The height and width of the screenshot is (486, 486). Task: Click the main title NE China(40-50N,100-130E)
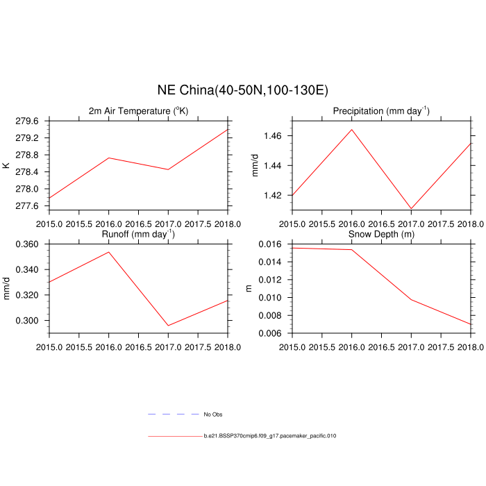(x=242, y=91)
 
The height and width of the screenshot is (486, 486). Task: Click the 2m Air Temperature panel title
(x=138, y=111)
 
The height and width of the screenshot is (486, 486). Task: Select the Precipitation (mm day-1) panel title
(x=380, y=111)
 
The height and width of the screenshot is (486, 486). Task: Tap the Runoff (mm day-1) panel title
(x=138, y=235)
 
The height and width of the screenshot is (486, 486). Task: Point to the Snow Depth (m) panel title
(x=380, y=235)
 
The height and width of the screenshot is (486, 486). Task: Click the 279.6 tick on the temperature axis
(x=27, y=121)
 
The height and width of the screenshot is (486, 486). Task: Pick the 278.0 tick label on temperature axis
(x=27, y=189)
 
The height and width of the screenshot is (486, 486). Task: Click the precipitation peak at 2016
(x=352, y=129)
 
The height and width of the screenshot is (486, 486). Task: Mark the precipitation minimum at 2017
(x=411, y=209)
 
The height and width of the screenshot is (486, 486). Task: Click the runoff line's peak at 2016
(x=108, y=252)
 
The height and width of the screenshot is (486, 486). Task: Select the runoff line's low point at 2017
(x=168, y=326)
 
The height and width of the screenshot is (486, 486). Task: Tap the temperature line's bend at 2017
(x=168, y=169)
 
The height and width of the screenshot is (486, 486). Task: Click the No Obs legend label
(x=212, y=414)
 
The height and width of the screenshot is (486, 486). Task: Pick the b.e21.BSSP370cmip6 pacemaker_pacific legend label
(x=270, y=436)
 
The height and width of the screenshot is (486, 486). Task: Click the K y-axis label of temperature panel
(x=6, y=165)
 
